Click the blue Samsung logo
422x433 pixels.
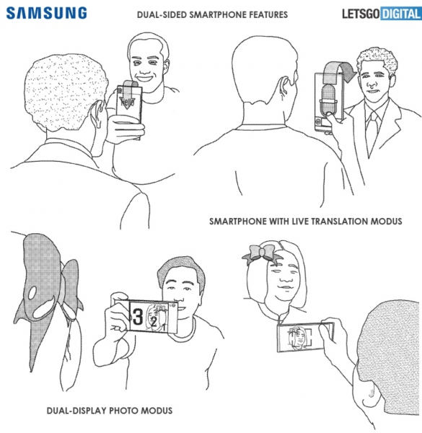point(46,13)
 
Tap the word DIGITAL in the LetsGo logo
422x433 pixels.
point(401,14)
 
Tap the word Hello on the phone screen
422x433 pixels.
point(128,102)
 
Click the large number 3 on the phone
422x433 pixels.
point(138,317)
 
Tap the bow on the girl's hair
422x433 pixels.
point(261,254)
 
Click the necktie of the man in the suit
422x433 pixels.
point(373,129)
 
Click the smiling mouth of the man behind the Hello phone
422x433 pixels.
point(144,78)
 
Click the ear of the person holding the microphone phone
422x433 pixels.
point(284,86)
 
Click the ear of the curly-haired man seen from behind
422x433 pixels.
point(97,113)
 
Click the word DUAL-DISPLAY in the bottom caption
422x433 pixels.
point(76,411)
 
